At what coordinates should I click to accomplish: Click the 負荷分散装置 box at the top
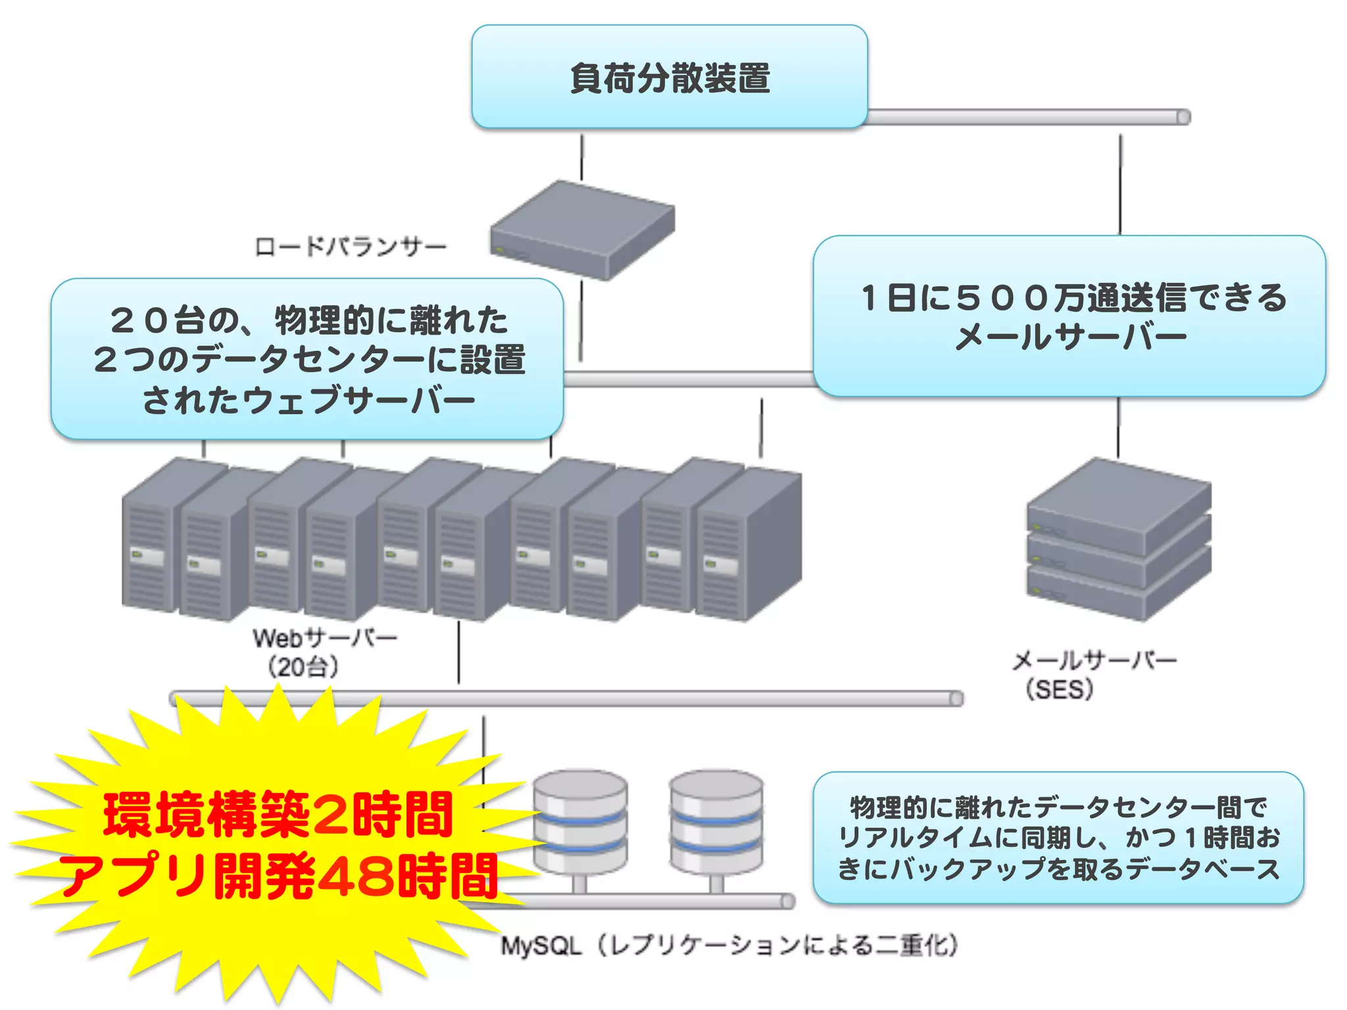point(670,78)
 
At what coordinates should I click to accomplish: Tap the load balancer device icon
point(582,230)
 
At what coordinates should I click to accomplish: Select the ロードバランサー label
point(351,247)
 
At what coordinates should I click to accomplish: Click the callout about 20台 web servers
point(307,359)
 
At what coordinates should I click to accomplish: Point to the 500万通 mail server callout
point(1069,316)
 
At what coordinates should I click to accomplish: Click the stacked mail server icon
point(1118,539)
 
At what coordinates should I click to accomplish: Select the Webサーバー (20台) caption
point(324,652)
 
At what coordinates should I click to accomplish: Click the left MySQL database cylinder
point(579,822)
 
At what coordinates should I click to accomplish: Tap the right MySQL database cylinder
point(716,822)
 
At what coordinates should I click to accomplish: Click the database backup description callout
point(1058,838)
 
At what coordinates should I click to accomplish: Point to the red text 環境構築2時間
point(278,815)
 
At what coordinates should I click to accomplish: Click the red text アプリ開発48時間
point(278,877)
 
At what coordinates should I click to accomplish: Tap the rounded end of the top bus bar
point(1183,118)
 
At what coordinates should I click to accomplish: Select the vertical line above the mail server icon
point(1118,427)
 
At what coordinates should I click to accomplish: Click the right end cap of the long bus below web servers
point(956,698)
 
